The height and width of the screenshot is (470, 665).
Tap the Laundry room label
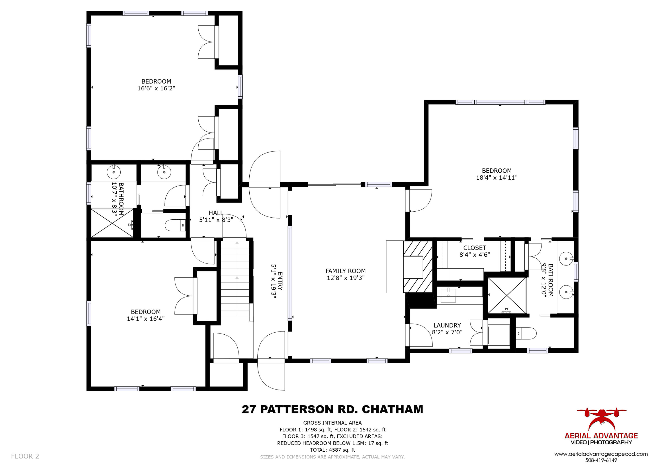click(x=447, y=325)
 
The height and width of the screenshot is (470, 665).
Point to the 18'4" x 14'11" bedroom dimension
click(x=497, y=177)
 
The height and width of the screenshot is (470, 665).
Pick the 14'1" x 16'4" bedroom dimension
click(x=145, y=319)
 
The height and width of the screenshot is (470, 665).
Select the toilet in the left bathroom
click(x=175, y=225)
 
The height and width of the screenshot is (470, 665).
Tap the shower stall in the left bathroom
click(x=112, y=223)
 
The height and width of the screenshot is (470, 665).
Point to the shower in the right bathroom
click(x=507, y=295)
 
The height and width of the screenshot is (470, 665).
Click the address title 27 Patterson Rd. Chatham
click(x=332, y=409)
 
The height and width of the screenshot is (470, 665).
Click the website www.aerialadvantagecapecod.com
click(x=601, y=454)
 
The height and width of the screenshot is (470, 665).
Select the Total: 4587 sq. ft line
click(x=332, y=450)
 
